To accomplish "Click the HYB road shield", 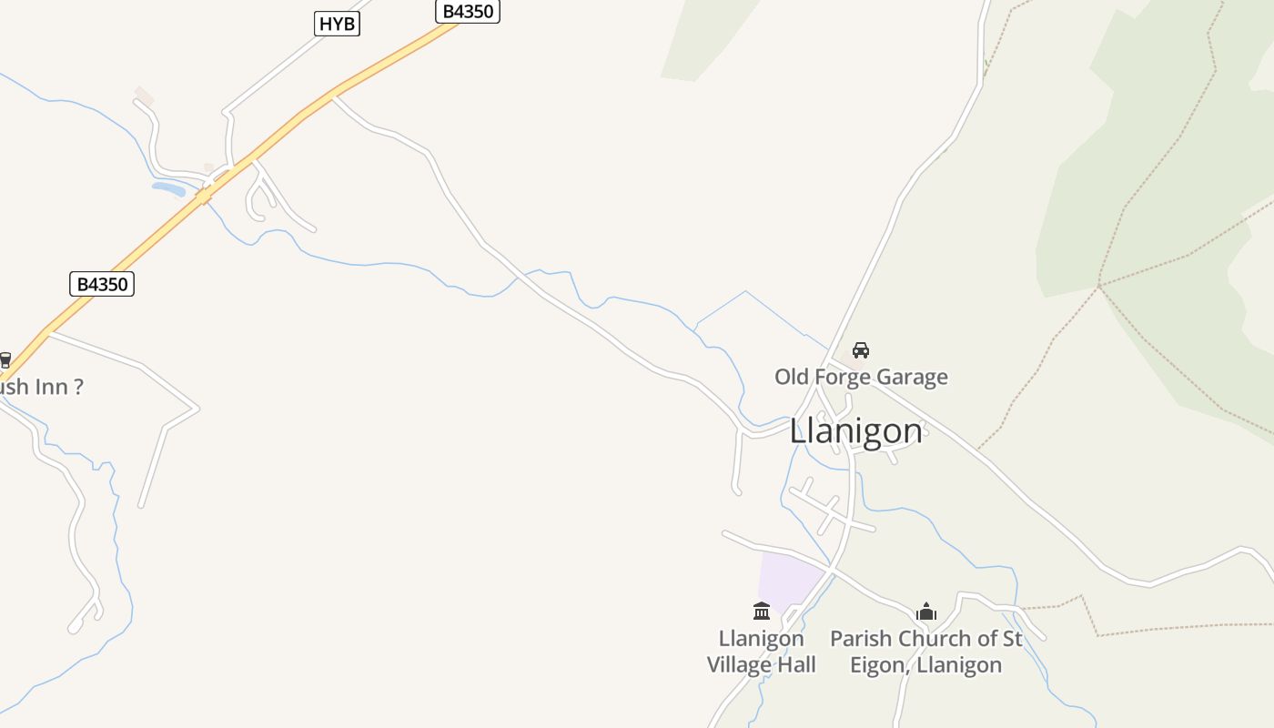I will click(x=337, y=24).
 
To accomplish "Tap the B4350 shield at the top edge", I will click(x=468, y=12).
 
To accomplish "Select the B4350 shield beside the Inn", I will click(x=102, y=284).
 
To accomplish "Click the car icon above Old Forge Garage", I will click(x=860, y=350).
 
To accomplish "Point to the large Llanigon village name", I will click(x=855, y=430).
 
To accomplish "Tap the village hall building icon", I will click(x=762, y=611).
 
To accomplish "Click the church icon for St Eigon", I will click(x=926, y=612).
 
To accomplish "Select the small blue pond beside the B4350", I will click(x=168, y=189).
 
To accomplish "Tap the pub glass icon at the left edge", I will click(x=5, y=360).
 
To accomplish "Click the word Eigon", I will click(x=880, y=665).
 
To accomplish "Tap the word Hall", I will click(x=795, y=665).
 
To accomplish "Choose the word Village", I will click(x=738, y=665).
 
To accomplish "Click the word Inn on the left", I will click(x=53, y=387).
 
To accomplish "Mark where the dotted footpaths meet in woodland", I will click(x=1099, y=286).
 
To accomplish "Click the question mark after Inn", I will click(x=78, y=387).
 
